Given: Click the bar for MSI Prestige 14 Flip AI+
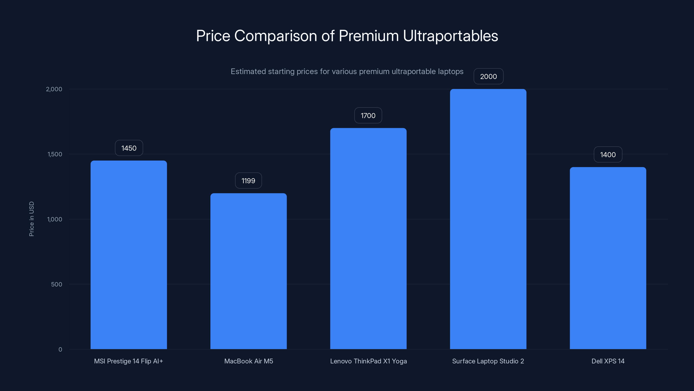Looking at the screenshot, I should click(x=129, y=255).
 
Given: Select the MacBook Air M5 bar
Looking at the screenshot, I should click(x=248, y=271).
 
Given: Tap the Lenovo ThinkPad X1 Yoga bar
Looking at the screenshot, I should click(x=368, y=239).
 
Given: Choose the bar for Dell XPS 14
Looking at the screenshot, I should click(x=608, y=258).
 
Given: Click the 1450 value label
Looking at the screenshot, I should click(x=129, y=148).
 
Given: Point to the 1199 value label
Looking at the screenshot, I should click(x=248, y=181).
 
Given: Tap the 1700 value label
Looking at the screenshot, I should click(x=368, y=116).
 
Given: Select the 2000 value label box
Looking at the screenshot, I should click(x=488, y=77).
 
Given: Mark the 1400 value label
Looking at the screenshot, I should click(x=608, y=155).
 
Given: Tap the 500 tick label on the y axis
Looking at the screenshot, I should click(x=57, y=284).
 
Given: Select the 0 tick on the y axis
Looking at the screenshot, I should click(x=60, y=350).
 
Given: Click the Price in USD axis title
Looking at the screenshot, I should click(x=31, y=219).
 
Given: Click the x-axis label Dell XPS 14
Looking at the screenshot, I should click(x=608, y=361).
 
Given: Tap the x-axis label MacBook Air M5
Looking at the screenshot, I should click(x=248, y=361).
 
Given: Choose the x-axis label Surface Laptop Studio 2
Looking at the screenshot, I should click(x=488, y=361).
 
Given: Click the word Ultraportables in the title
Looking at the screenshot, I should click(x=450, y=36).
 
